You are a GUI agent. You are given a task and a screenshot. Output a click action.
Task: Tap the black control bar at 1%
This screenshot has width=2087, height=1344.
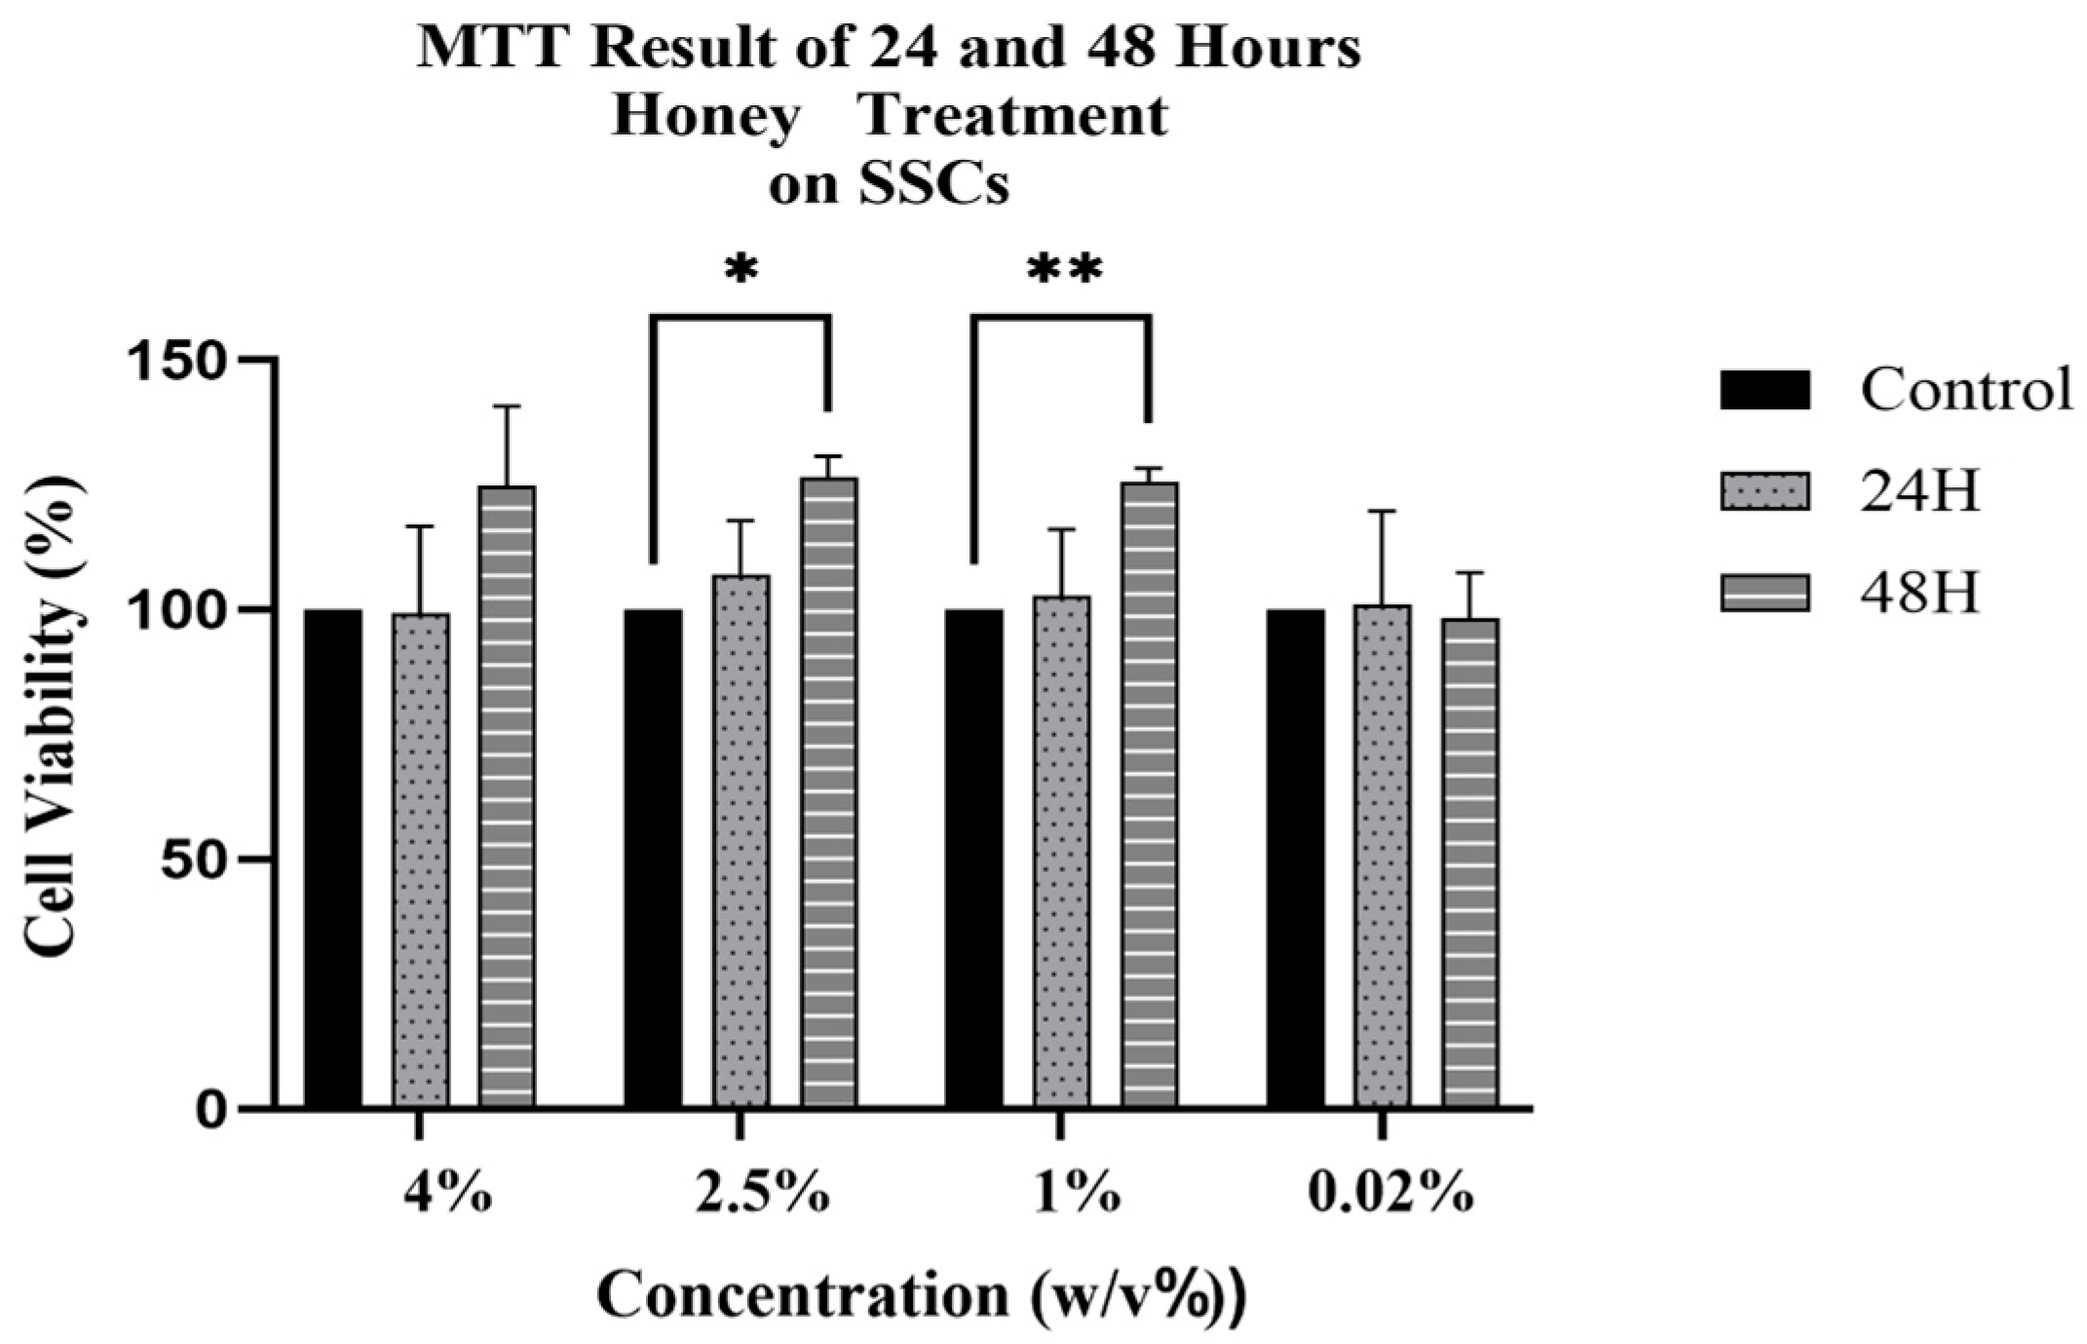tap(973, 858)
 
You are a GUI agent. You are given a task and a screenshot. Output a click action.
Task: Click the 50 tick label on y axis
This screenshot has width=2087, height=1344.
tap(202, 860)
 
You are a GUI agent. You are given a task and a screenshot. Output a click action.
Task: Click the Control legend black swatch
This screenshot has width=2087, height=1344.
tap(1764, 391)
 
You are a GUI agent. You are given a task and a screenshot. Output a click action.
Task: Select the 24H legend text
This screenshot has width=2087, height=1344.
tap(1920, 492)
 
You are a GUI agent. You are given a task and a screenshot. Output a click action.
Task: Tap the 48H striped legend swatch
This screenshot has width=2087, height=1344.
tap(1764, 593)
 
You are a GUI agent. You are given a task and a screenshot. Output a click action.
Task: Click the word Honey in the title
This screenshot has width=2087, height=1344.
tap(706, 116)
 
